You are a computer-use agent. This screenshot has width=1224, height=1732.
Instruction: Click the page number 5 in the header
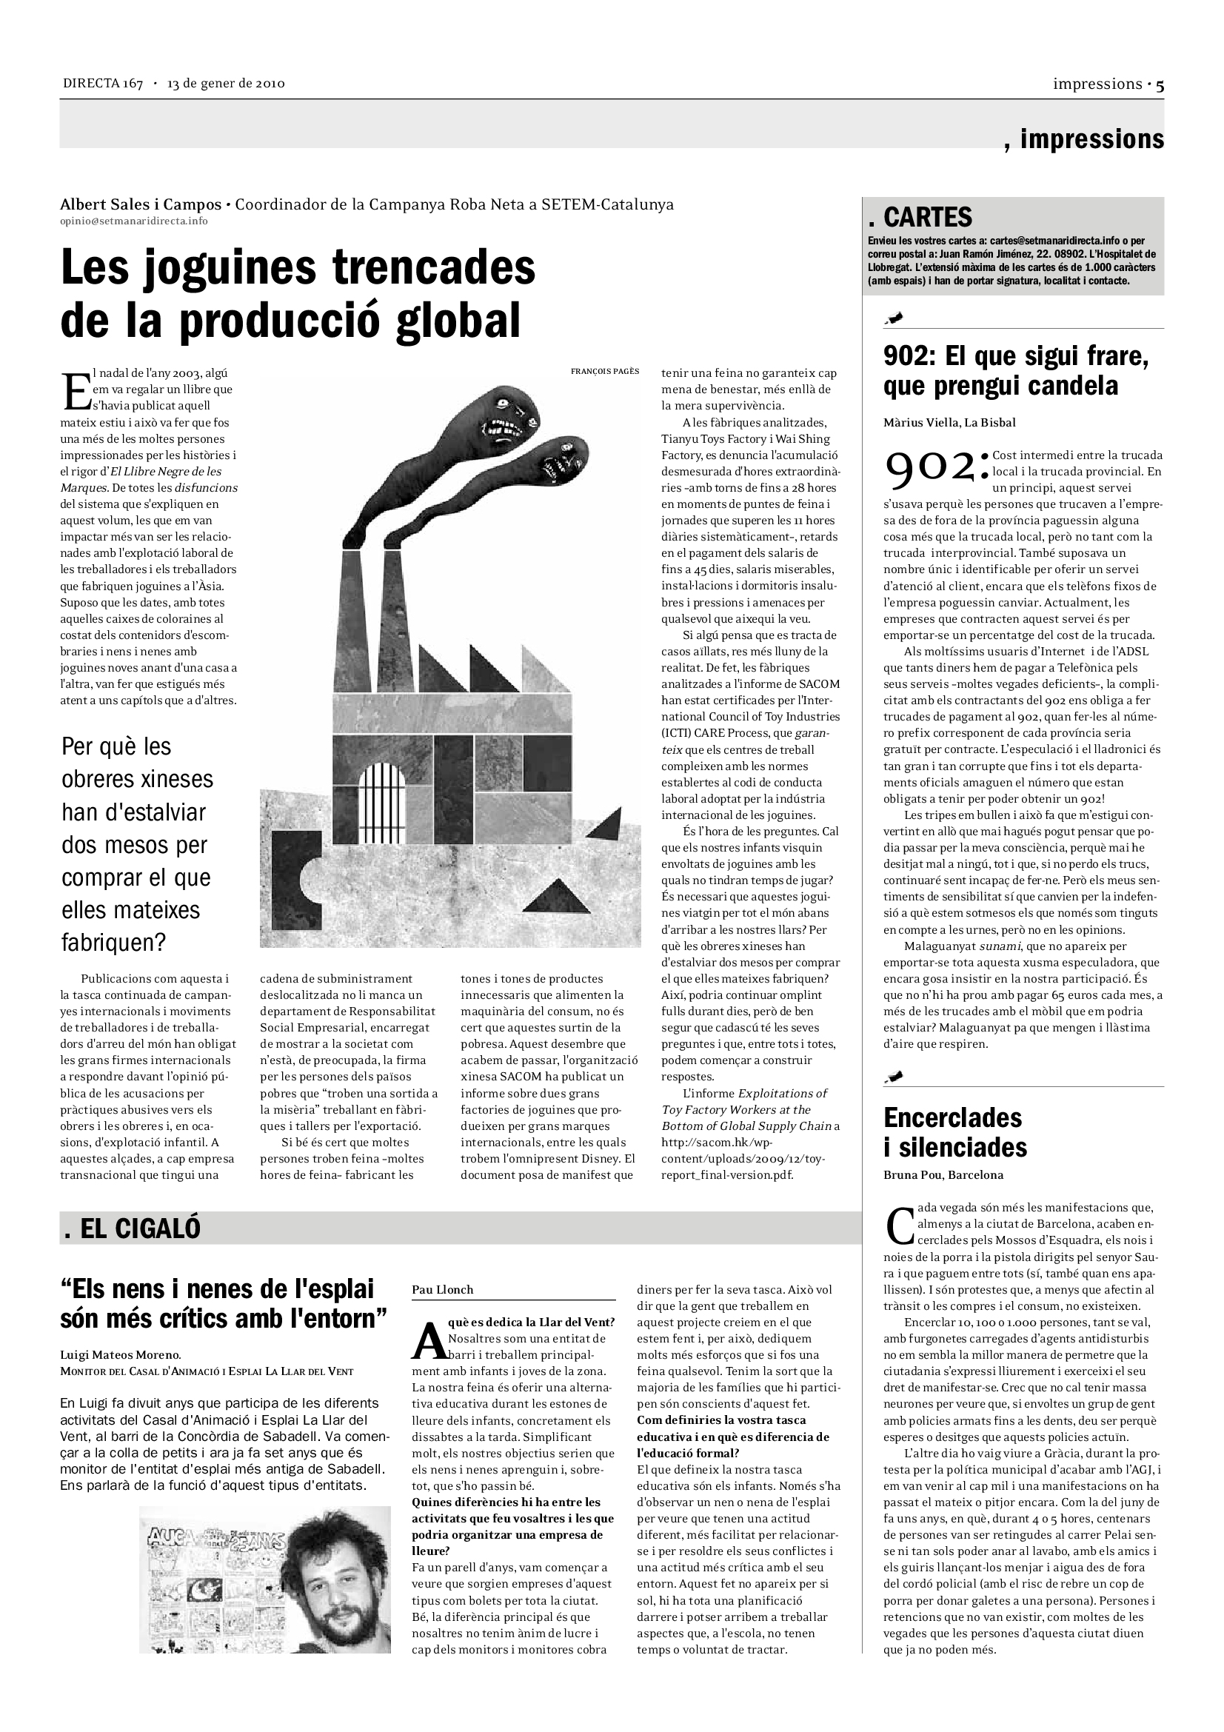(1159, 85)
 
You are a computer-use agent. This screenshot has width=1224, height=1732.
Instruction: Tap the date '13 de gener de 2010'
(226, 84)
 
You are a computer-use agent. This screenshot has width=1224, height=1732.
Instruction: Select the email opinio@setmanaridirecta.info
(133, 221)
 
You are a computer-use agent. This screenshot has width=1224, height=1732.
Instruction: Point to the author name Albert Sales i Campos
(140, 204)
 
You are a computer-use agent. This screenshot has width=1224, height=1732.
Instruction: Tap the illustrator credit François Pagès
(605, 371)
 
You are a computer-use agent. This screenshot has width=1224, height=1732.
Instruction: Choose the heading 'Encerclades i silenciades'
(954, 1131)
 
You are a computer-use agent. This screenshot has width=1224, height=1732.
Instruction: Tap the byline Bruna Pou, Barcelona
(943, 1174)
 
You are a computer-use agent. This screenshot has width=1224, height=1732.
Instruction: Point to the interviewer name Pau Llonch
(442, 1289)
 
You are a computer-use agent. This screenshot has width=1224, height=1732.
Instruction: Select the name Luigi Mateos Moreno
(120, 1355)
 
